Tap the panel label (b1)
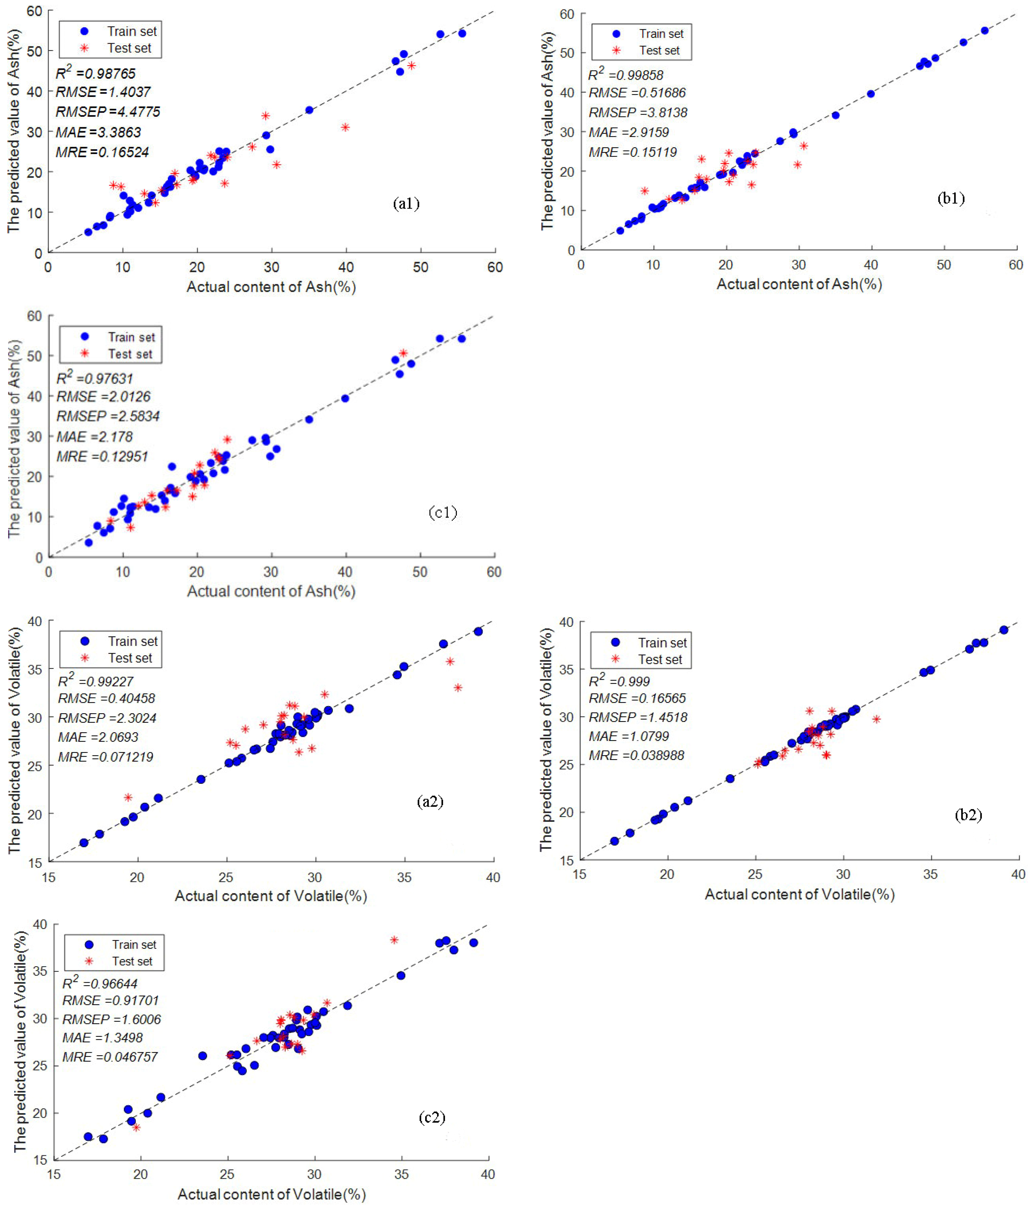tap(951, 198)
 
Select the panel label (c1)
tap(442, 512)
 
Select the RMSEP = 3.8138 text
tap(638, 112)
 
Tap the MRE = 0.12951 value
tap(102, 456)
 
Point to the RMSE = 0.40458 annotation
tap(107, 698)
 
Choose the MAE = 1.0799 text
tap(628, 736)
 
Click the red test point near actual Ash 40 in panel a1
tap(345, 127)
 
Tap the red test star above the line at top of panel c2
tap(394, 940)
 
